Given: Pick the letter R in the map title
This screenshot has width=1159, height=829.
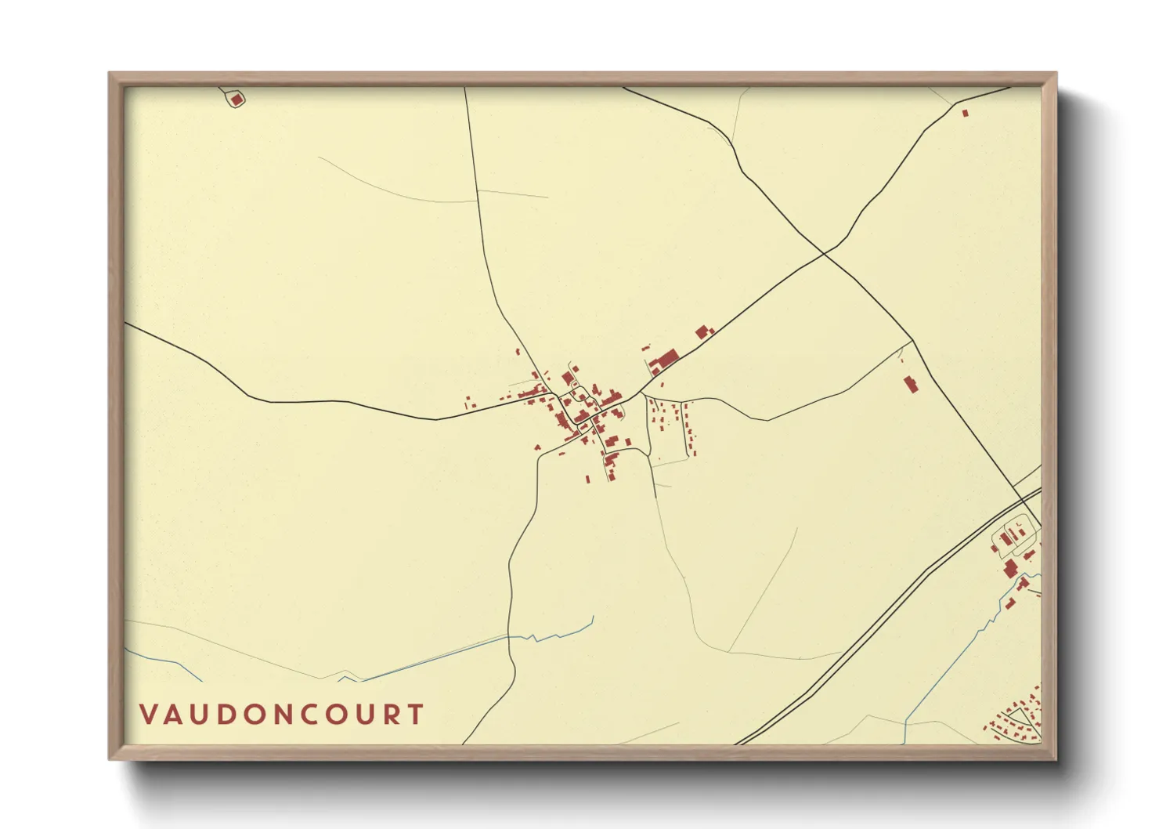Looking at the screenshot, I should tap(388, 715).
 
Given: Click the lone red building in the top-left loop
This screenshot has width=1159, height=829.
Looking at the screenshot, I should tap(236, 100).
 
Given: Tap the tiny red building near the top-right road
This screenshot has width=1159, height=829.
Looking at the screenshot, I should tap(965, 113).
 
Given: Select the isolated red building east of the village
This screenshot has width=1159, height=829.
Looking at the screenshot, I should tap(910, 384).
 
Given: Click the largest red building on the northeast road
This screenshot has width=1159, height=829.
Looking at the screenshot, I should tap(666, 360).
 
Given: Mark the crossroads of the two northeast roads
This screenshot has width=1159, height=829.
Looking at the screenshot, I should tap(824, 253).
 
